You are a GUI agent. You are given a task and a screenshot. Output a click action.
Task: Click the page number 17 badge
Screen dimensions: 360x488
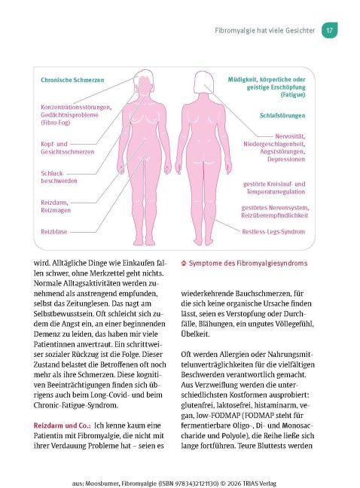click(x=328, y=31)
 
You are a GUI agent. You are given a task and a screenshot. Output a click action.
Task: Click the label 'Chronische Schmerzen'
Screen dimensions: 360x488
click(x=72, y=79)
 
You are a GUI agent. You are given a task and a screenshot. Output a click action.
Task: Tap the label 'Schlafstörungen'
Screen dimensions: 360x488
click(x=282, y=116)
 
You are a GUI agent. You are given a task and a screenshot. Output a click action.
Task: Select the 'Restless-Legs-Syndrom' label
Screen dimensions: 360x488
click(x=273, y=232)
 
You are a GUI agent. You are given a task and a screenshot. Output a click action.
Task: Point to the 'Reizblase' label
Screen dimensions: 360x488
click(x=56, y=231)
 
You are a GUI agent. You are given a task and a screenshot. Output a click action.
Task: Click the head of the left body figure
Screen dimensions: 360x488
click(x=142, y=78)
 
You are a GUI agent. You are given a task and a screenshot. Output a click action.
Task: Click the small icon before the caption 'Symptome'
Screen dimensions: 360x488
click(x=185, y=263)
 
